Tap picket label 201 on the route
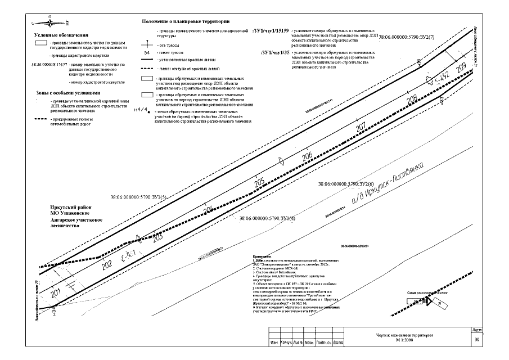55,293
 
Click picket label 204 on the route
208,210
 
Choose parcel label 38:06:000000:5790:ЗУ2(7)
408,37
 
